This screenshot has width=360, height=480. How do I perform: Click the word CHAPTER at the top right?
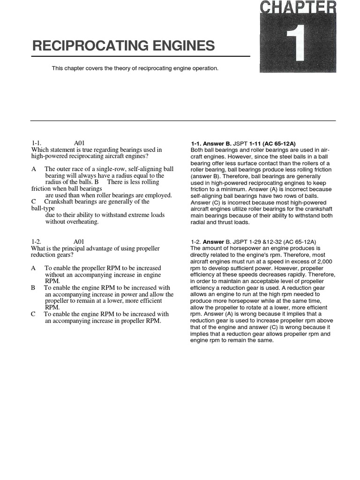click(298, 8)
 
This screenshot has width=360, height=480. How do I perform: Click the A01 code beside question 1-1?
click(79, 143)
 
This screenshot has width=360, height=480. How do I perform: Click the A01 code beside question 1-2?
click(79, 241)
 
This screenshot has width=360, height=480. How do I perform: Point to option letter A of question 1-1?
click(34, 169)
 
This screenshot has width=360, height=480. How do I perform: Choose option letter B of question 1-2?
click(34, 288)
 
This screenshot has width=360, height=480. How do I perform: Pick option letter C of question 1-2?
click(34, 314)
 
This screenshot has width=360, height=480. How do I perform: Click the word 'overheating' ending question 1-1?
click(83, 222)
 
